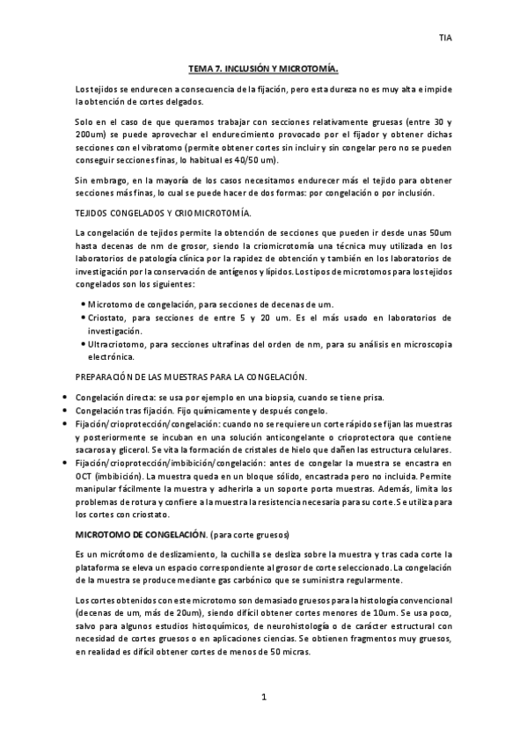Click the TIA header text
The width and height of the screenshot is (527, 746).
(445, 38)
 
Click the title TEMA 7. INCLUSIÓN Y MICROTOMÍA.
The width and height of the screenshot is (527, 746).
(264, 67)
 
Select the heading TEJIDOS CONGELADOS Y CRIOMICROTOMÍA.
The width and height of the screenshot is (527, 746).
(150, 214)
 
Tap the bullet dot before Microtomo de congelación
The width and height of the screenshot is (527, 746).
(82, 304)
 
